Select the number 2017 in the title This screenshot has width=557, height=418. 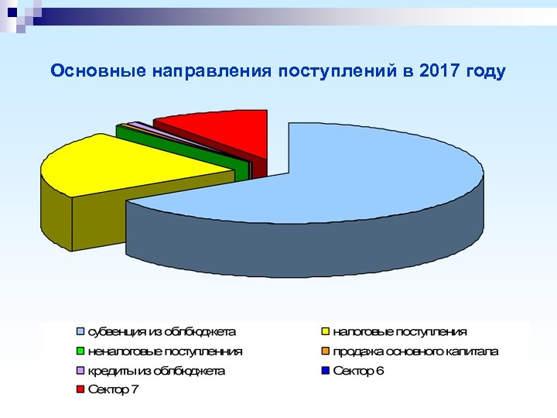point(439,72)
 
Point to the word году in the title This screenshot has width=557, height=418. point(486,72)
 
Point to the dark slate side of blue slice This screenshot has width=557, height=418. point(309,248)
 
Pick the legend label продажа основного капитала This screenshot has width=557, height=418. point(415,351)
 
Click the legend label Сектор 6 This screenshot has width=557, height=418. point(358,371)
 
